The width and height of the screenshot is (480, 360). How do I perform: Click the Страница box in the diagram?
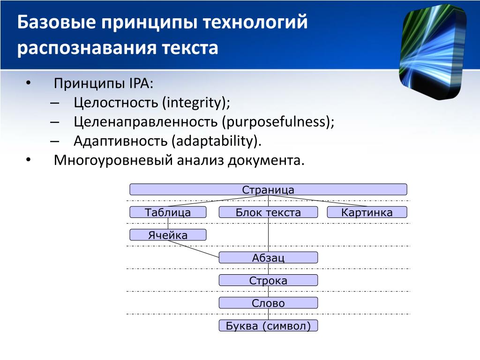click(268, 189)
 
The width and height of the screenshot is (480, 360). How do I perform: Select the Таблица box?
click(168, 212)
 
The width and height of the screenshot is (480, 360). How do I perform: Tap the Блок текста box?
click(268, 212)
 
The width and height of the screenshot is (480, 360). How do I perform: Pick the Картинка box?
click(367, 212)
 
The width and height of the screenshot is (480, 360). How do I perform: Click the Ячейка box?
click(168, 235)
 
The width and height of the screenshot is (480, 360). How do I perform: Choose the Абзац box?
click(268, 257)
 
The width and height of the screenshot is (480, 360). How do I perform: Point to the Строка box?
click(268, 280)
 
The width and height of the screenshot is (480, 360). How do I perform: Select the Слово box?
click(268, 303)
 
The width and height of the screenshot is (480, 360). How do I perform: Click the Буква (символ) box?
click(268, 325)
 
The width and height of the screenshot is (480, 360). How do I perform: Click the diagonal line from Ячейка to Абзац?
click(194, 249)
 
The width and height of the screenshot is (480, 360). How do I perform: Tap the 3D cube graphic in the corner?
click(433, 52)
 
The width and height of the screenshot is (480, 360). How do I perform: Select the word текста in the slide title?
click(190, 48)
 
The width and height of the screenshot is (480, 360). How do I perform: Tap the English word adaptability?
click(215, 141)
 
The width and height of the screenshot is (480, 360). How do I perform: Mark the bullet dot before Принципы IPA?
click(29, 83)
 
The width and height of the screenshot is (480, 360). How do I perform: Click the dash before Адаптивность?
click(54, 141)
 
